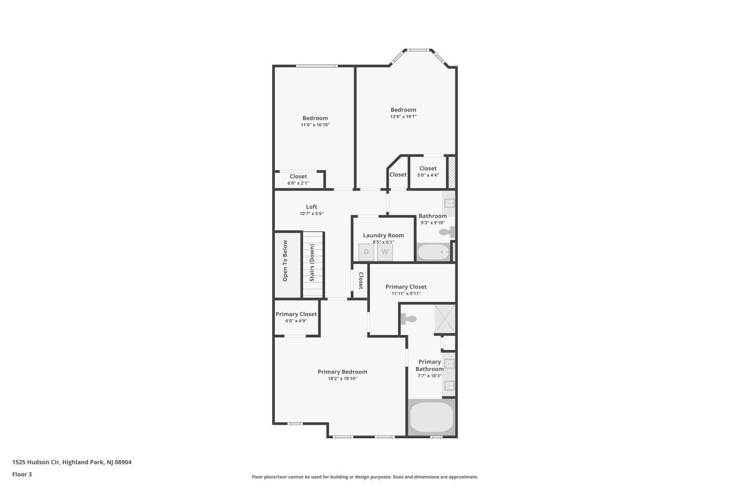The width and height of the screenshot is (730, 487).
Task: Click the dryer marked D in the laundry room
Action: [366, 252]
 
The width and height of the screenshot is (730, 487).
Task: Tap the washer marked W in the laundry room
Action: [385, 252]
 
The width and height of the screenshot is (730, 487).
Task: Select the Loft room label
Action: [311, 207]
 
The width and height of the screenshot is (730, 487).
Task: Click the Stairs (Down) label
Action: [312, 262]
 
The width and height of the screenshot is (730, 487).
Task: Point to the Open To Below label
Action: [285, 261]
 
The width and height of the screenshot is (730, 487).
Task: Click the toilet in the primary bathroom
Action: [409, 318]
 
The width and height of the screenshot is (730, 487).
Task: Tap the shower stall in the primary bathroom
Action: [444, 319]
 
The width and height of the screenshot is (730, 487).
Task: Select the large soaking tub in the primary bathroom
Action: [432, 417]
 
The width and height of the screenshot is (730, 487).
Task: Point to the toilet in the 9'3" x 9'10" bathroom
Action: [447, 232]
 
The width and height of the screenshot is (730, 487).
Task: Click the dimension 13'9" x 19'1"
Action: [403, 117]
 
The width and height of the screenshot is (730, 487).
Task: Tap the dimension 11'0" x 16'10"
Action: [315, 125]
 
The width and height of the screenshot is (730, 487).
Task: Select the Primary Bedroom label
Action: [343, 372]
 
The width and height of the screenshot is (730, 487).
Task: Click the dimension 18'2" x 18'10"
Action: [343, 379]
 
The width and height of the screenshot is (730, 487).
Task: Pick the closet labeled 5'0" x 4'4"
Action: [428, 172]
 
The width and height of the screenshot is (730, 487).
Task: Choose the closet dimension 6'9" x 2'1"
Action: [298, 183]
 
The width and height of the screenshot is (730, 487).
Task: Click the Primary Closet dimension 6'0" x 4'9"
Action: [296, 321]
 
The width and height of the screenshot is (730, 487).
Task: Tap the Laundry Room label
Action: [383, 236]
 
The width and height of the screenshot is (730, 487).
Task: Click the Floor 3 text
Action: [22, 474]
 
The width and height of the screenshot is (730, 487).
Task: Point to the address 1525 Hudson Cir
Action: [36, 462]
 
